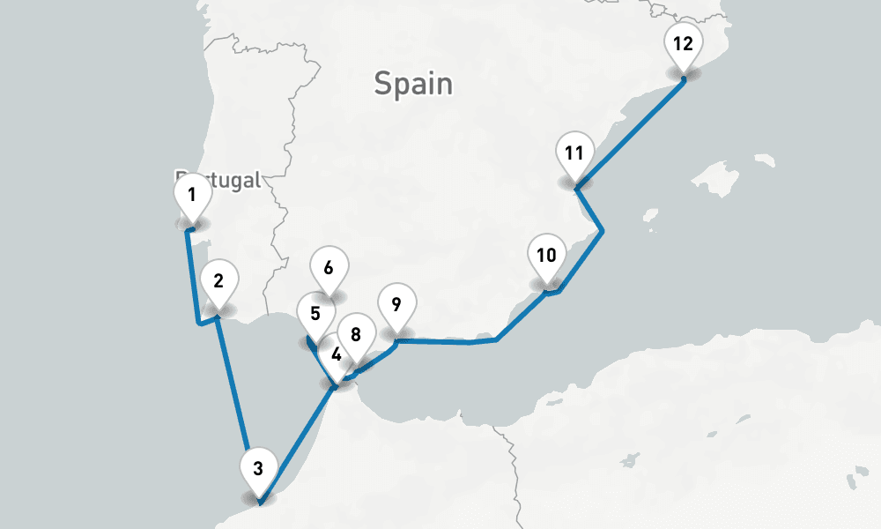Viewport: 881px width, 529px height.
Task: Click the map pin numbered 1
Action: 191,196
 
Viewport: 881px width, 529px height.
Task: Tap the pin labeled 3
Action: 258,469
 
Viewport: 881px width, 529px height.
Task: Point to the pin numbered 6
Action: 329,267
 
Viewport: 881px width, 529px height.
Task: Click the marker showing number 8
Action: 356,334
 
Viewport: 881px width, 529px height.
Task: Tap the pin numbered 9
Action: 396,305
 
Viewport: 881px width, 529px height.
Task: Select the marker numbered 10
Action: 546,257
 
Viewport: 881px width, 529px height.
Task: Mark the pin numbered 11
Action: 574,153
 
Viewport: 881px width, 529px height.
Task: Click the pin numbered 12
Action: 683,43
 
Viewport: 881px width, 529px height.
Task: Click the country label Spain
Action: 413,84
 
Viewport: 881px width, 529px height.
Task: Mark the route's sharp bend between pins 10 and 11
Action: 602,231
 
